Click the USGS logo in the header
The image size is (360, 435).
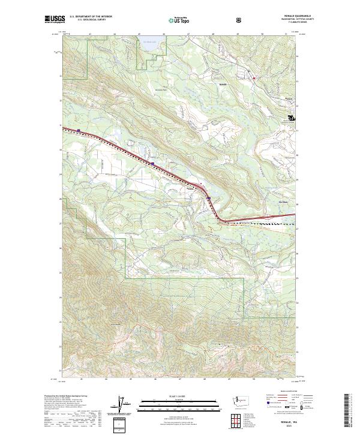click(x=54, y=20)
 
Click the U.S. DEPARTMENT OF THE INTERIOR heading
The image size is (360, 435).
click(x=91, y=17)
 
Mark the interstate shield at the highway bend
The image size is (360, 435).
click(x=208, y=199)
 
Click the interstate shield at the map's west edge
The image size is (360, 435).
click(x=79, y=130)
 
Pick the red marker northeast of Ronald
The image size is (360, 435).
click(x=254, y=78)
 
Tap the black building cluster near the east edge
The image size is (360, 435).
click(x=292, y=118)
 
